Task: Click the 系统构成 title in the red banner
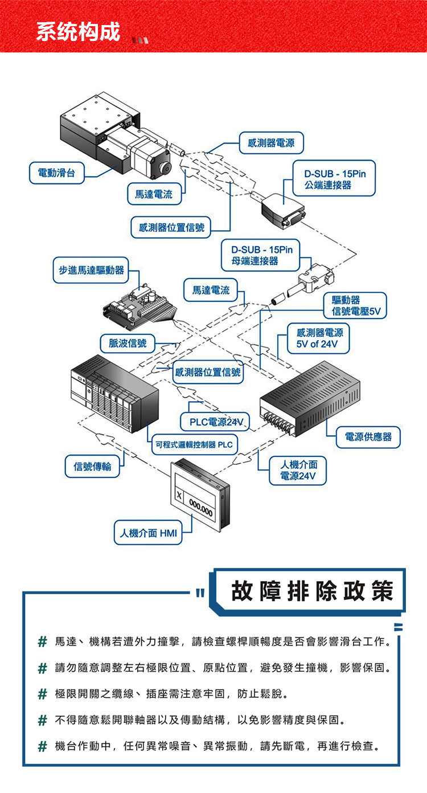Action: pyautogui.click(x=78, y=31)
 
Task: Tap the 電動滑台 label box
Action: pyautogui.click(x=56, y=173)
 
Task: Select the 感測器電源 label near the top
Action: pyautogui.click(x=271, y=143)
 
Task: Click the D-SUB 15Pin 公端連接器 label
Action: pyautogui.click(x=334, y=178)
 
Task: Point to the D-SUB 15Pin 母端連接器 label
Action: pyautogui.click(x=261, y=255)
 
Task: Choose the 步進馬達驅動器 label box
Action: pyautogui.click(x=91, y=270)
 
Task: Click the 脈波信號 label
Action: pyautogui.click(x=128, y=343)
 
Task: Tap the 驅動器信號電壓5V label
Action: pyautogui.click(x=355, y=305)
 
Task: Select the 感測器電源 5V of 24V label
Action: pyautogui.click(x=318, y=338)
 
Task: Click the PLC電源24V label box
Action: pyautogui.click(x=215, y=422)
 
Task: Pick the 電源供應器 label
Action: pyautogui.click(x=368, y=437)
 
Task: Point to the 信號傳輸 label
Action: pyautogui.click(x=92, y=466)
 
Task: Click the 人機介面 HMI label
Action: pyautogui.click(x=148, y=533)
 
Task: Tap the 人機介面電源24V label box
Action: pyautogui.click(x=298, y=471)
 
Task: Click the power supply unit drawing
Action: pyautogui.click(x=310, y=398)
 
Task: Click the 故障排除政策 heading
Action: pyautogui.click(x=311, y=591)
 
